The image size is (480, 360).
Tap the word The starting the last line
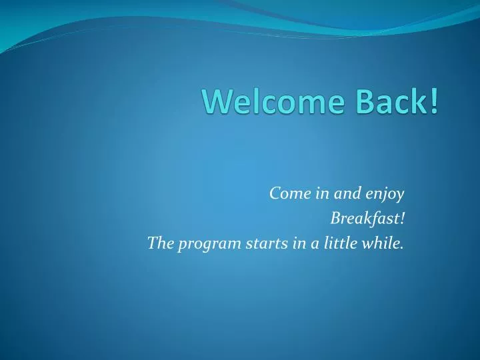pyautogui.click(x=160, y=243)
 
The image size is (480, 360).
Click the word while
pyautogui.click(x=384, y=243)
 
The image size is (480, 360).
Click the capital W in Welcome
pyautogui.click(x=217, y=101)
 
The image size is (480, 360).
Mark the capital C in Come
pyautogui.click(x=275, y=193)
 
